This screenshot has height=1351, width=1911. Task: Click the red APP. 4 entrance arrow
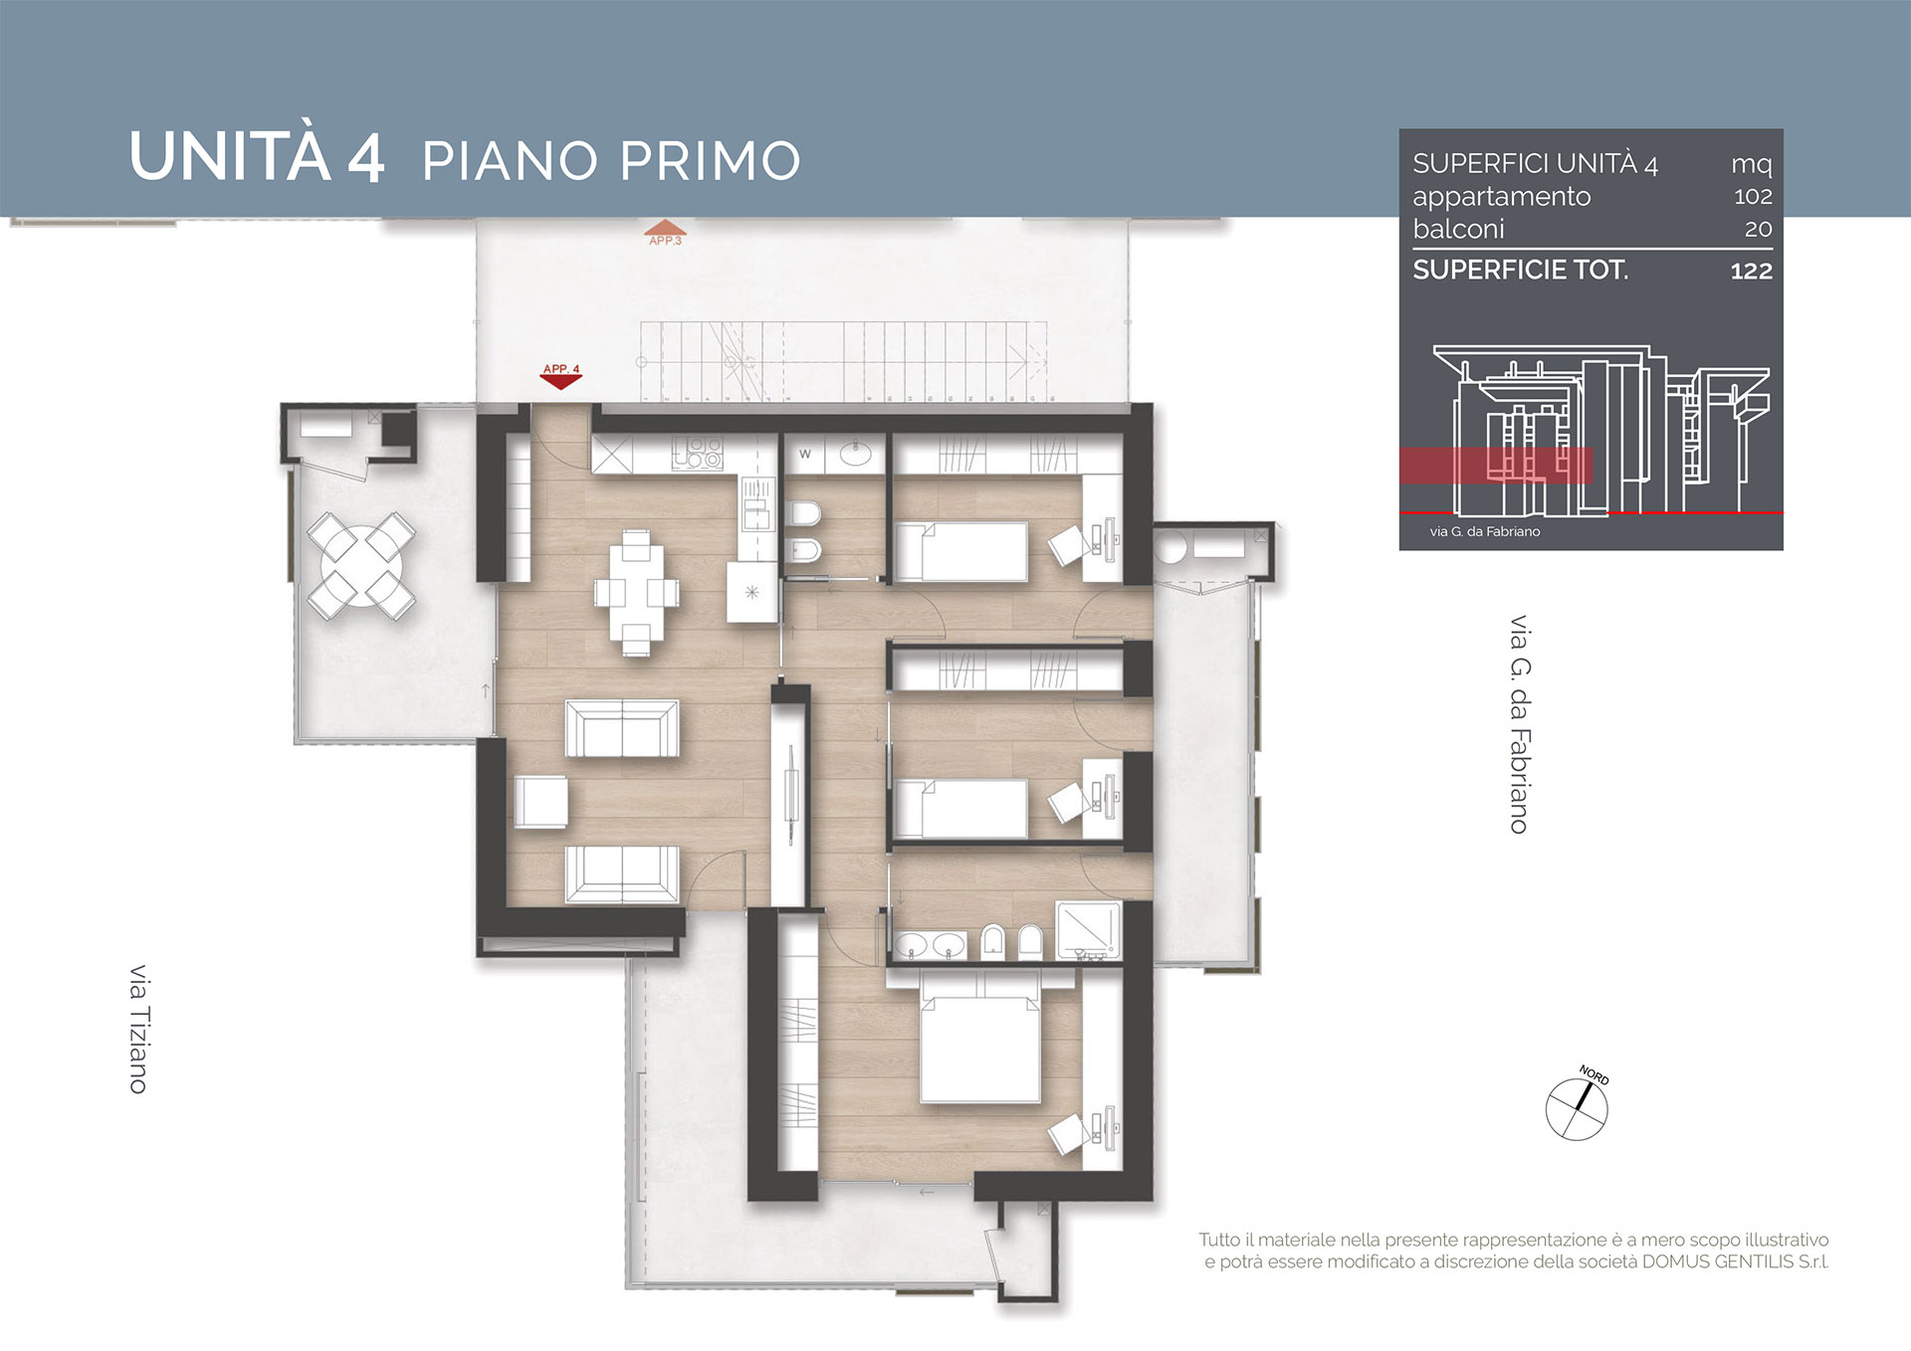pos(560,377)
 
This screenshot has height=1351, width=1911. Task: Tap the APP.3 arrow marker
pos(664,234)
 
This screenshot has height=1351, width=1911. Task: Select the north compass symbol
pos(1578,1106)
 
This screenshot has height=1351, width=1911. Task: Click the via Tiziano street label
pos(138,1029)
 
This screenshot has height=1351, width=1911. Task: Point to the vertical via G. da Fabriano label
pos(1519,724)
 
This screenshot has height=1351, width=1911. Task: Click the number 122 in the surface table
pos(1752,271)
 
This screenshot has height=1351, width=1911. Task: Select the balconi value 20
pos(1759,229)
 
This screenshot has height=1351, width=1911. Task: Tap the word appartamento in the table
pos(1502,197)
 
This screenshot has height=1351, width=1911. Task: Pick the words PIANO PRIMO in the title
pos(611,161)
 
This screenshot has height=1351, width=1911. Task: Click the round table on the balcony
pos(361,566)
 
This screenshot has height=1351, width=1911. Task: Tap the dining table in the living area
pos(637,593)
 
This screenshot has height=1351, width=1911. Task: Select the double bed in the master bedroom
pos(980,1039)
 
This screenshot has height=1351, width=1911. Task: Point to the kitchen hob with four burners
pos(698,454)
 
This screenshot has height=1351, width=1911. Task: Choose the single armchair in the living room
pos(540,801)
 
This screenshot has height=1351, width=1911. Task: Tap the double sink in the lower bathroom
pos(930,945)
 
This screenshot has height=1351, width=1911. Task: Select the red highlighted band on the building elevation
pos(1496,466)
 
